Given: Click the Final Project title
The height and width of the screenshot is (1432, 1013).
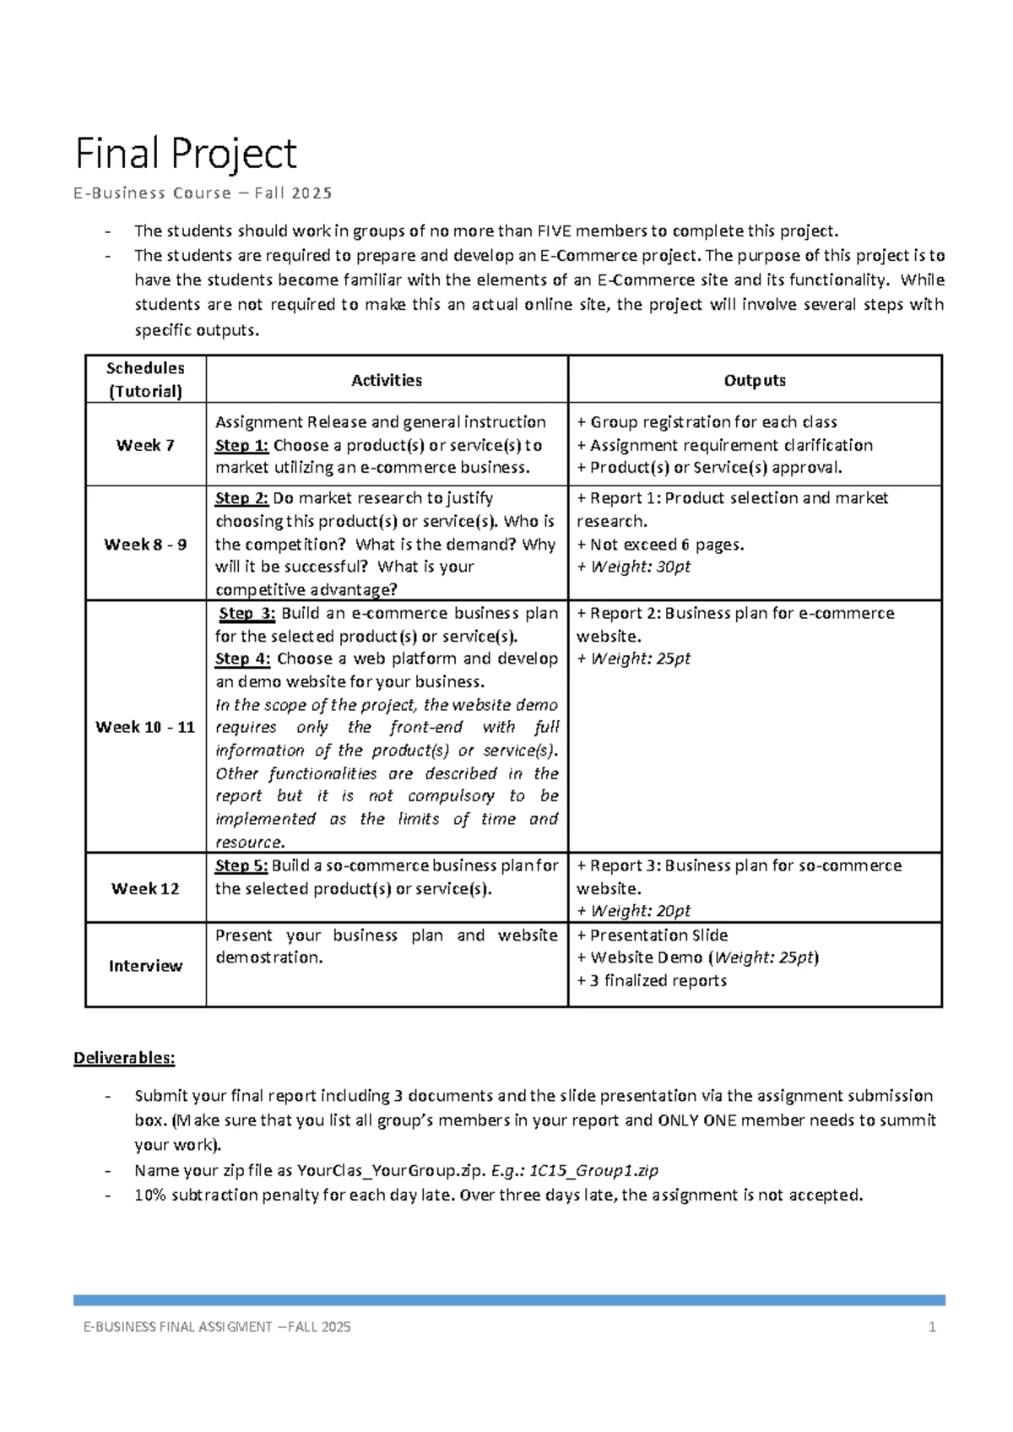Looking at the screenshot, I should pos(186,154).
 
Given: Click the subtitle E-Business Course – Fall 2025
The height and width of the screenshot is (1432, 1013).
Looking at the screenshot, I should pos(203,193).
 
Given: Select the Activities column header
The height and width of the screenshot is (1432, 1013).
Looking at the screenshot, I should pos(387,380).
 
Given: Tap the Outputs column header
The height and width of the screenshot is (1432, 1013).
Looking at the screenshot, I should pos(755,380).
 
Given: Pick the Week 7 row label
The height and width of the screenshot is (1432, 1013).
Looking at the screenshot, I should pos(145,445).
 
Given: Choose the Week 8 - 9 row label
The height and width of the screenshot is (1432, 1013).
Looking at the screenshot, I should pos(145,545).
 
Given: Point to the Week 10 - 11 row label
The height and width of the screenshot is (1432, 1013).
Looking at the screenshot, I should pos(145,727).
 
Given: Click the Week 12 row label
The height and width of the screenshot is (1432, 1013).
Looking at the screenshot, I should pos(145,888).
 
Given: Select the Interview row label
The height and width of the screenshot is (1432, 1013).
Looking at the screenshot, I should pos(145,966).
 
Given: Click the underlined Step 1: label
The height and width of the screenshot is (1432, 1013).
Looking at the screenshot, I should pos(241,445).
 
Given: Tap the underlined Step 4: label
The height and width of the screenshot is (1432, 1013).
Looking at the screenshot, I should pos(242,659).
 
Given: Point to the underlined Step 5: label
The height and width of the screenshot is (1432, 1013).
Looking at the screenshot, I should pos(241,865).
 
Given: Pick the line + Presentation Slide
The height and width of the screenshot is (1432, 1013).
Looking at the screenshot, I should pos(653,935).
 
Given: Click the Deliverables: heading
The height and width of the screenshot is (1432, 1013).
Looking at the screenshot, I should pos(124,1058).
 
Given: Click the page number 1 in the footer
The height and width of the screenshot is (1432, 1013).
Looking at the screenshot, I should pos(932,1326).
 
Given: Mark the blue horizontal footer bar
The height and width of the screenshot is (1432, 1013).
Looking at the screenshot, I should pos(509,1300).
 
